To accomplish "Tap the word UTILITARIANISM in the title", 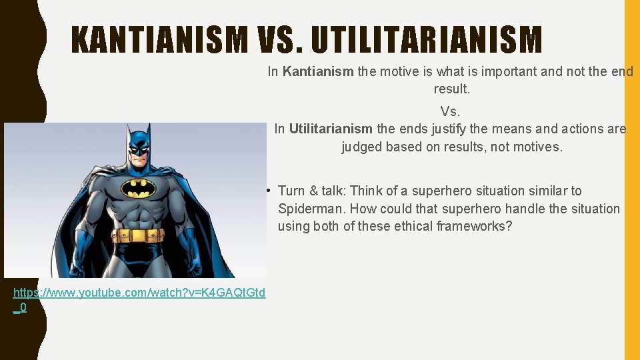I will click(x=427, y=40).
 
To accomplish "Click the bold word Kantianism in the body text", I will click(x=318, y=71).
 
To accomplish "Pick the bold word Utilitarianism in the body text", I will click(x=331, y=129).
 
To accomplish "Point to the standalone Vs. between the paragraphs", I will click(x=451, y=111).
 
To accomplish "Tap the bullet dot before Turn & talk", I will click(x=267, y=191).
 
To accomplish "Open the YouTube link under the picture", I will click(x=139, y=293).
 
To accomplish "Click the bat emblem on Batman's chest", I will click(x=139, y=189).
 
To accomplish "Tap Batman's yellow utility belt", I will click(x=138, y=235).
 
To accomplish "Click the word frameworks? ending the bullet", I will click(x=474, y=226).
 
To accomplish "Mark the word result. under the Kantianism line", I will click(x=451, y=89).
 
